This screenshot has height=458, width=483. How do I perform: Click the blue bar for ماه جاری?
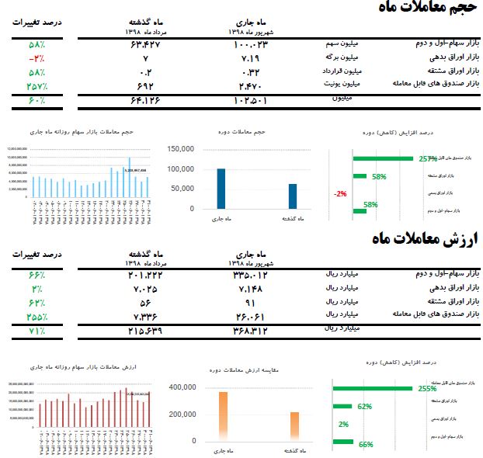click(x=221, y=189)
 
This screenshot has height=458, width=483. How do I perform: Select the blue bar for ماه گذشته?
click(x=293, y=196)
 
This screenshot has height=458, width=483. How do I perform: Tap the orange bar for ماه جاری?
click(x=223, y=416)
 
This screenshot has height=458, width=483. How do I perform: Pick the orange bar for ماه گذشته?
click(x=294, y=426)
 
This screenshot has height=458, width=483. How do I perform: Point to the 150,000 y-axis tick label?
click(x=180, y=149)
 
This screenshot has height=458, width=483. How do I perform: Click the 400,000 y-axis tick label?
click(x=180, y=387)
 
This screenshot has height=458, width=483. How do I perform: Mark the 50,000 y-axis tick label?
click(x=182, y=189)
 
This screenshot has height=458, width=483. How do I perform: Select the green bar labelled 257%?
click(x=383, y=158)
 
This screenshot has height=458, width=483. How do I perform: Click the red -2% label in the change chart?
click(x=340, y=194)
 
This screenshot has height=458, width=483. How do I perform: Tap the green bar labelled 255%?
click(x=373, y=388)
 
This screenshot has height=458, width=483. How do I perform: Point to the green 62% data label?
click(x=365, y=406)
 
